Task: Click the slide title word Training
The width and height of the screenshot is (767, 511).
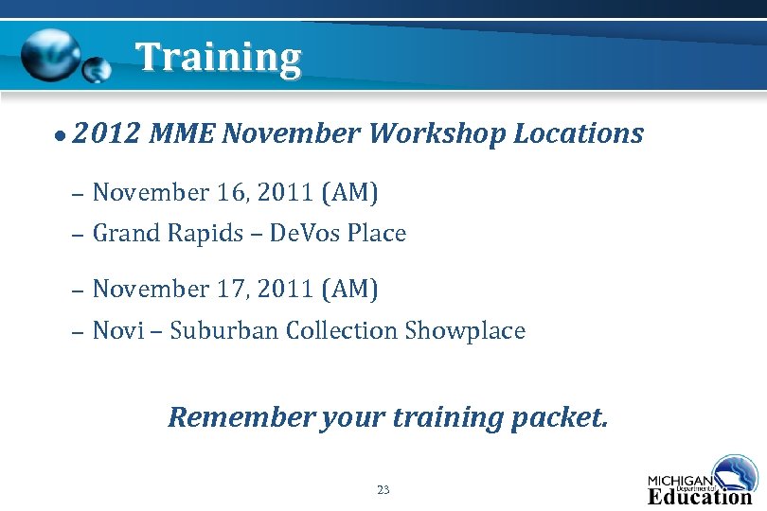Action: click(218, 58)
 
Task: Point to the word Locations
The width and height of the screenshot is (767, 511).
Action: click(578, 133)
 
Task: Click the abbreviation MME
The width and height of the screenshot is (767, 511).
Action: click(182, 133)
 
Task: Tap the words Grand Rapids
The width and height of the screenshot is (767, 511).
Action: click(168, 233)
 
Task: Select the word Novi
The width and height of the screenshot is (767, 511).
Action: click(118, 330)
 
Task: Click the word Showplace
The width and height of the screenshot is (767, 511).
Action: click(464, 330)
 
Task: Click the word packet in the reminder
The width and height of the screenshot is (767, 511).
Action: click(559, 417)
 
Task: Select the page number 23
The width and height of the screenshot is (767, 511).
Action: click(383, 489)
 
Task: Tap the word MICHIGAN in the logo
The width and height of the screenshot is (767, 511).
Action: click(680, 481)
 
